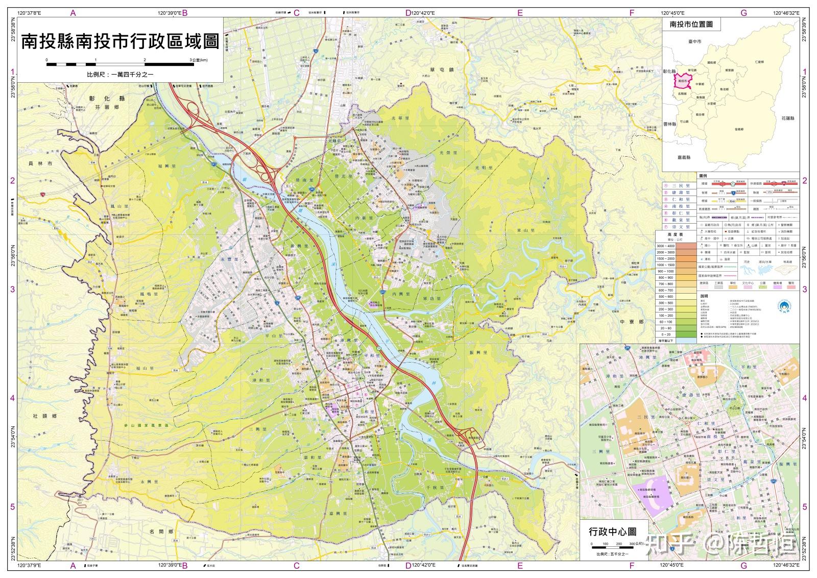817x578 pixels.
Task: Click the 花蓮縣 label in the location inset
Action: [787, 118]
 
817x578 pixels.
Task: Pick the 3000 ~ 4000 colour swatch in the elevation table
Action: [676, 246]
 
